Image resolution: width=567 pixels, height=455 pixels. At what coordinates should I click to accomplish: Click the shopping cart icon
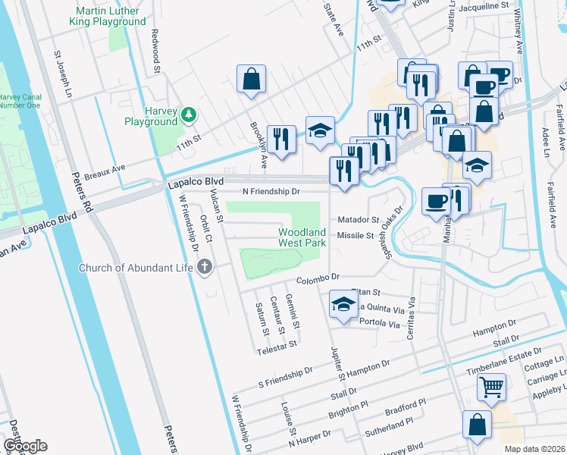(492, 388)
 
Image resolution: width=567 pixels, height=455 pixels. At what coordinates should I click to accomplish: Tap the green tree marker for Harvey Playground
(188, 115)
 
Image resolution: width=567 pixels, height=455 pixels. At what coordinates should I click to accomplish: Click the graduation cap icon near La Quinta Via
(343, 305)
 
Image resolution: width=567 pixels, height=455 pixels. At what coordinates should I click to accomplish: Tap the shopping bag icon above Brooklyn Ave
(251, 78)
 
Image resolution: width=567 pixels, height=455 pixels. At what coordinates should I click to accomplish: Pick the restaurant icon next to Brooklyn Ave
(281, 138)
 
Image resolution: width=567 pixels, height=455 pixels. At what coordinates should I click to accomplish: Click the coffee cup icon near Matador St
(436, 201)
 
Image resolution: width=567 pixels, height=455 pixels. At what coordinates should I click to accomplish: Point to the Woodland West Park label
(302, 237)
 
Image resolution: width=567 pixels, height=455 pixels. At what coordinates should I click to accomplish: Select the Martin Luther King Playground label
(111, 16)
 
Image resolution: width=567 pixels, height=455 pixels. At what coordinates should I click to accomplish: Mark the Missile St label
(356, 236)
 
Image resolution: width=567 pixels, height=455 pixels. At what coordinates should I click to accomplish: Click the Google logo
(25, 446)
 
